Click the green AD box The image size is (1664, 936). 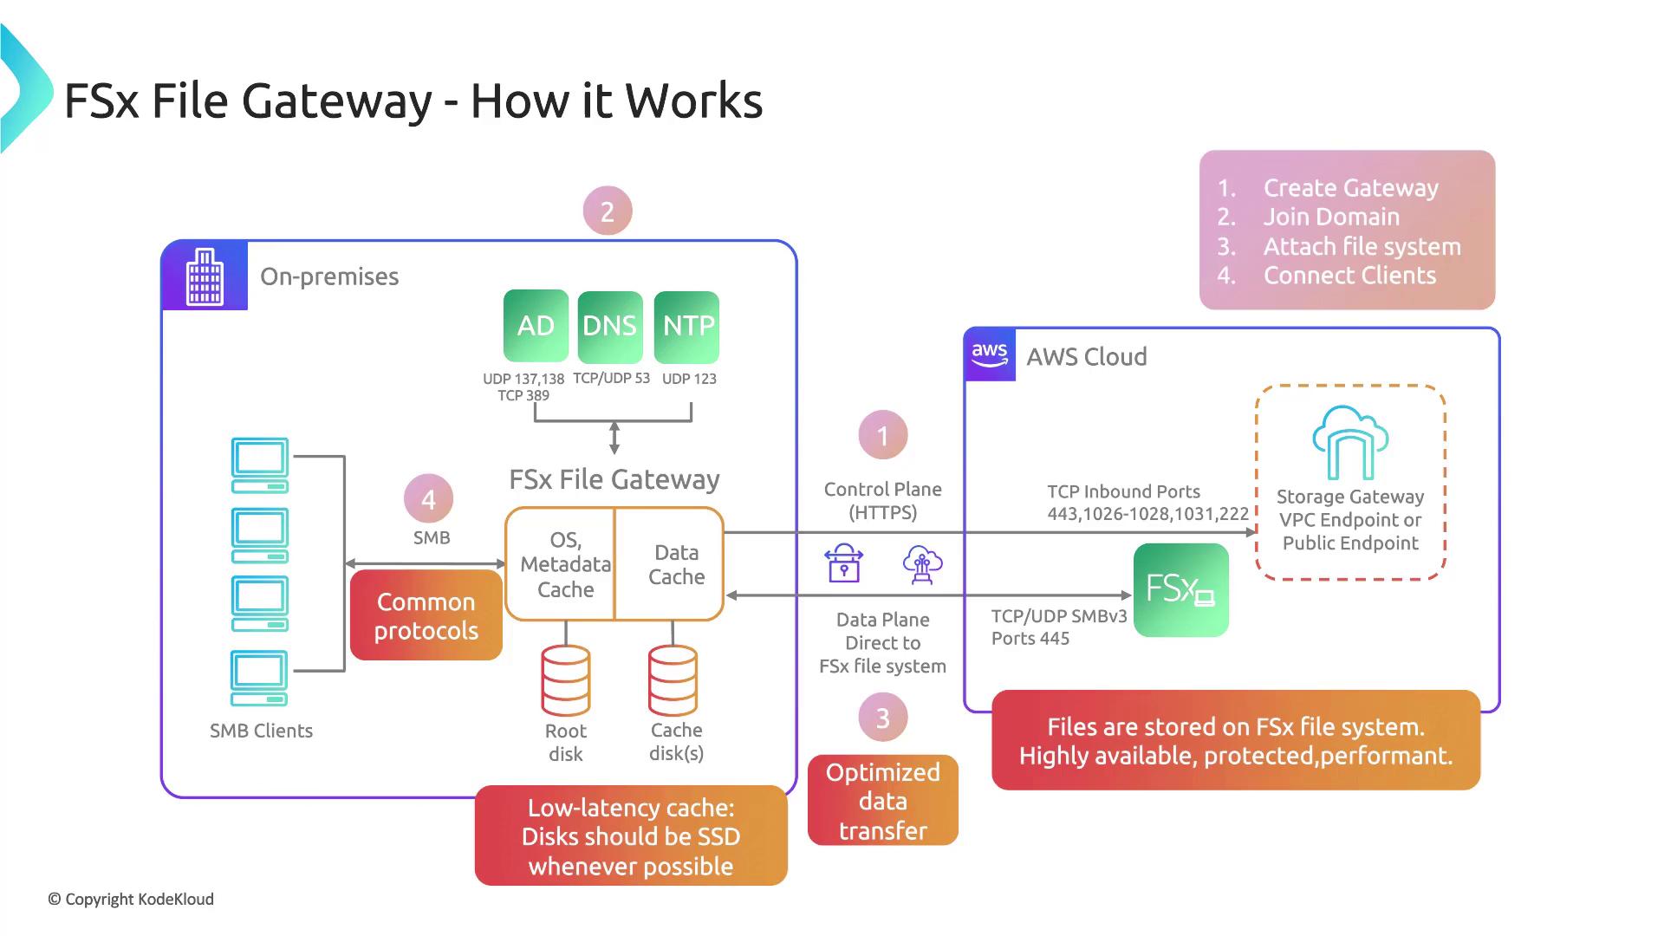coord(536,326)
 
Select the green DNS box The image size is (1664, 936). coord(609,326)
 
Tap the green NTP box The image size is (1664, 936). coord(687,326)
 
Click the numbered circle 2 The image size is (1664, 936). coord(608,211)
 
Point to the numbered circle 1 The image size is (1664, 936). coord(882,435)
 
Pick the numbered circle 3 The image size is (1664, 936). coord(882,718)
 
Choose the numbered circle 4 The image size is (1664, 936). coord(428,499)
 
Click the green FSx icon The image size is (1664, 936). coord(1180,590)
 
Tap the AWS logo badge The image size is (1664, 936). coord(990,354)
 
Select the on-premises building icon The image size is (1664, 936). coord(205,276)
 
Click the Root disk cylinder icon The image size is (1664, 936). coord(566,680)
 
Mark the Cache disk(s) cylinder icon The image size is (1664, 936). coord(673,680)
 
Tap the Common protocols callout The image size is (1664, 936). coord(426,615)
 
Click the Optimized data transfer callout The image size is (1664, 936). coord(882,801)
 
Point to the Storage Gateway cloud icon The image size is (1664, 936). coord(1349,443)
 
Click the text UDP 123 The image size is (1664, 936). coord(689,379)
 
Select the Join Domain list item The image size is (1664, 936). coord(1331,217)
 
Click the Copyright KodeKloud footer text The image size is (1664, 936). coord(131,900)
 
